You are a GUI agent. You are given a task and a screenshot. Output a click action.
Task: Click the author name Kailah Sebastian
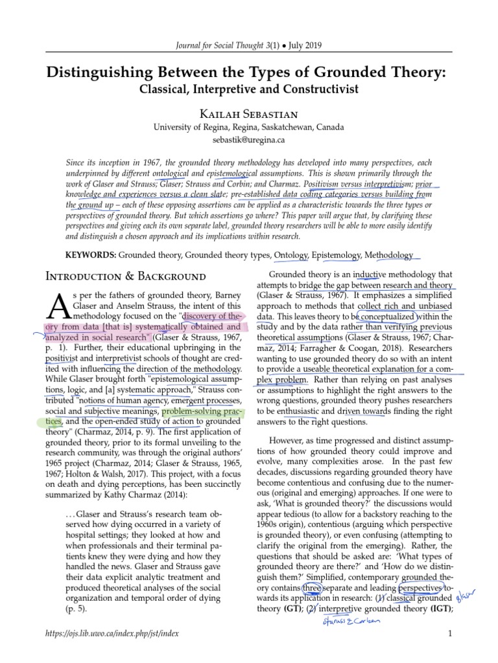(248, 112)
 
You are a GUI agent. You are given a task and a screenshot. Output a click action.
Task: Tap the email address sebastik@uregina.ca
(248, 139)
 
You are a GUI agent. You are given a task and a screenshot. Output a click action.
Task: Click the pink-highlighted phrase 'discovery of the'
(215, 315)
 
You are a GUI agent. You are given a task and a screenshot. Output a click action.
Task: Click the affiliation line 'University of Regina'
(248, 127)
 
